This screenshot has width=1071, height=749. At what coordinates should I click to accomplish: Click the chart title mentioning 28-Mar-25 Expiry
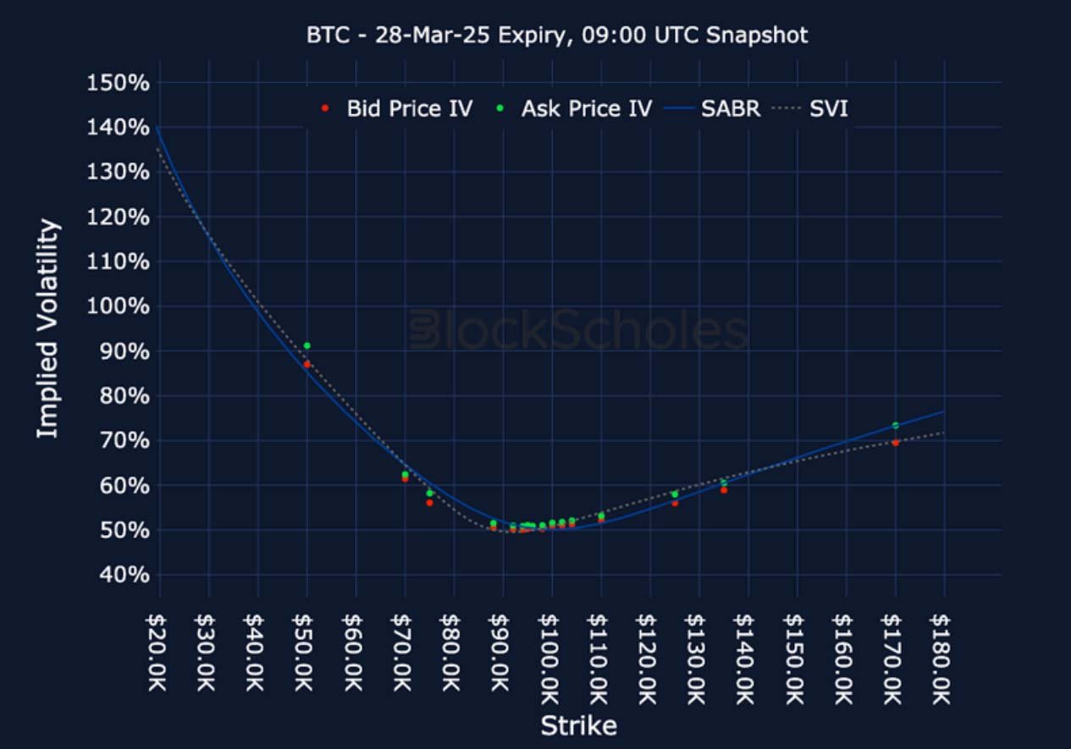point(556,35)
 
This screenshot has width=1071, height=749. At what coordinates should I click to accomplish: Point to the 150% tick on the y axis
point(119,83)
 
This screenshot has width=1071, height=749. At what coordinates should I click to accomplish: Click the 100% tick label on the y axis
point(119,306)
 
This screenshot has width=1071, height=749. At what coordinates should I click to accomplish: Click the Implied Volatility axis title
point(48,328)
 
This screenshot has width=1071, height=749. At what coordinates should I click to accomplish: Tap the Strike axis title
point(578,725)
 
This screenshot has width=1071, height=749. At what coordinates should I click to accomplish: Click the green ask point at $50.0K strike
point(307,345)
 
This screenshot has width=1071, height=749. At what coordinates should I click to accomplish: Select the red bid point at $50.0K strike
point(307,364)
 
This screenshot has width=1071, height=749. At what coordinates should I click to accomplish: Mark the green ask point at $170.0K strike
point(895,425)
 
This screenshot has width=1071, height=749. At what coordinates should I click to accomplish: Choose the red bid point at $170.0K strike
point(895,442)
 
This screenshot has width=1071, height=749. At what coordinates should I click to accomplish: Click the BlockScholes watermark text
point(579,331)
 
